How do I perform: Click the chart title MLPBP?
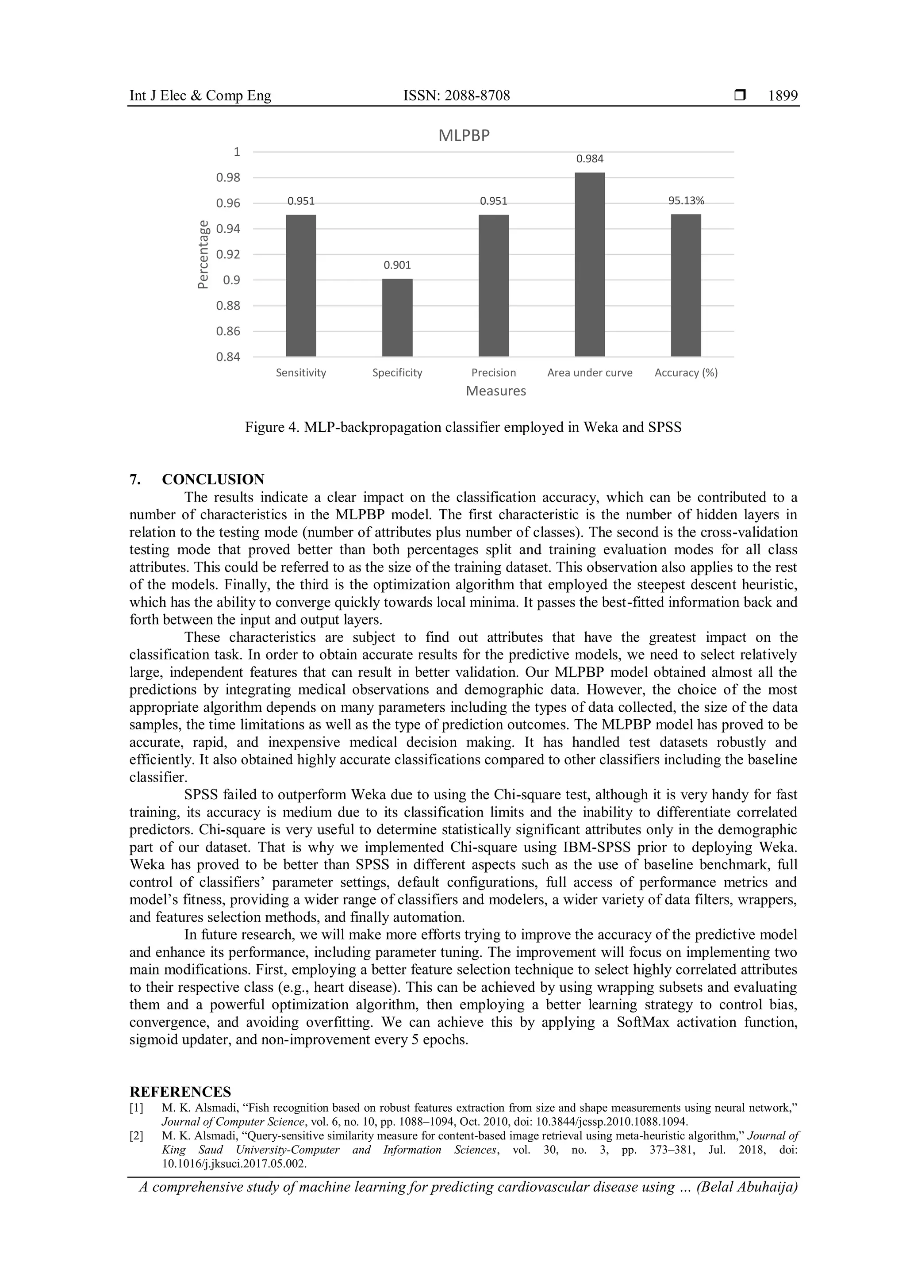(464, 136)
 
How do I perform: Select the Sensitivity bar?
(301, 285)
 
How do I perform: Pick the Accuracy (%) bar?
(686, 285)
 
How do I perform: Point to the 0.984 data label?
(590, 159)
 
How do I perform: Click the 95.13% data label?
(686, 201)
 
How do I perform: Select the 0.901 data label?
(397, 265)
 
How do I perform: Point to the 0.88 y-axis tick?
(228, 306)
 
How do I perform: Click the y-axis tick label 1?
(237, 152)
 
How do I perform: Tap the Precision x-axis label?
(493, 373)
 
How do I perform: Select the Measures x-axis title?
(495, 391)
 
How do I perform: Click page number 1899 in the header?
(783, 96)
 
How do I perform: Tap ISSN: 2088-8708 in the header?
(457, 96)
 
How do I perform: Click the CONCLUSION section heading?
(213, 479)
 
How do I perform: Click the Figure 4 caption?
(463, 428)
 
